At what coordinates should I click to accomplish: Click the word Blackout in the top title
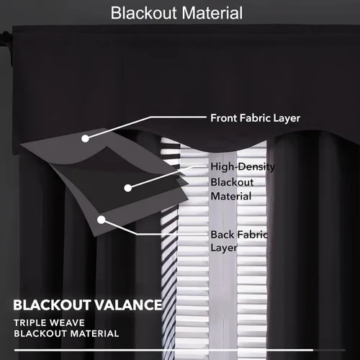click(143, 13)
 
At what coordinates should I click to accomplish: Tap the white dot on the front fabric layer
click(85, 138)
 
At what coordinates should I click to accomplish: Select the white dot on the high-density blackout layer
click(128, 188)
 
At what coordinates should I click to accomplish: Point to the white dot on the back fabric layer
click(102, 220)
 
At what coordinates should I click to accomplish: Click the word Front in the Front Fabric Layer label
click(224, 118)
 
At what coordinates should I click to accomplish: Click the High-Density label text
click(243, 167)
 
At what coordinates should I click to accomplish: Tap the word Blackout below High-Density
click(232, 182)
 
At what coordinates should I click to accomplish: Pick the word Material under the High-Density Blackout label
click(231, 197)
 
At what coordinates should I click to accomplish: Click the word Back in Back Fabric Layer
click(221, 235)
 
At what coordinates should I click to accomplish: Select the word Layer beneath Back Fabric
click(224, 248)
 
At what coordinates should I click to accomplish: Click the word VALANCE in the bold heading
click(128, 305)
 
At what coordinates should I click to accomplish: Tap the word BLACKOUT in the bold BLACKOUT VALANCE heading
click(52, 305)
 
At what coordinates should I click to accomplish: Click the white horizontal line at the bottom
click(163, 350)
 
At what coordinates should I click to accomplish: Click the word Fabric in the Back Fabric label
click(251, 235)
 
